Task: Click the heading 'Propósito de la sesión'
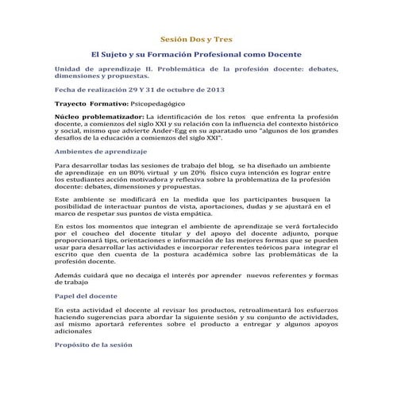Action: click(91, 345)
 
